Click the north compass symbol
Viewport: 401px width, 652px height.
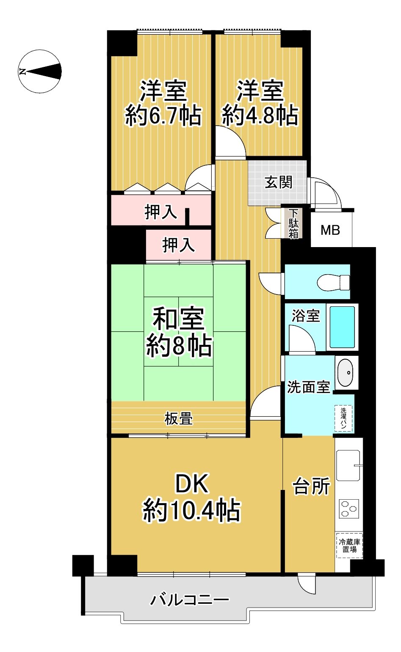[40, 72]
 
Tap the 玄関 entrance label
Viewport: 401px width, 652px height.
[278, 182]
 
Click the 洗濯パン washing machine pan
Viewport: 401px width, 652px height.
[343, 418]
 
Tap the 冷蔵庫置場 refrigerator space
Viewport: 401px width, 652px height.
[349, 546]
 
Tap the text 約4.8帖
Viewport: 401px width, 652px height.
[260, 115]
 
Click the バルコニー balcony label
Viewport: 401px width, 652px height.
[189, 600]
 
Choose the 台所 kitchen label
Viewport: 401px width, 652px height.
[312, 485]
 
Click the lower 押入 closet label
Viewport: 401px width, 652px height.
[178, 245]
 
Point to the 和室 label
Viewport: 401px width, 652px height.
[179, 318]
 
